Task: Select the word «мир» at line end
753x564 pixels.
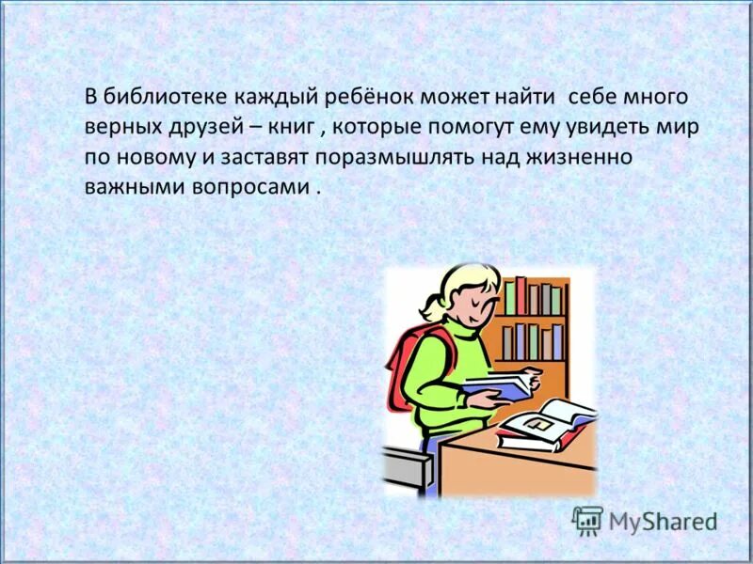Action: pyautogui.click(x=679, y=128)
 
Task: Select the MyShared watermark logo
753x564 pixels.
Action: pyautogui.click(x=645, y=520)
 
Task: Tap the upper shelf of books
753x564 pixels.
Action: pyautogui.click(x=532, y=297)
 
